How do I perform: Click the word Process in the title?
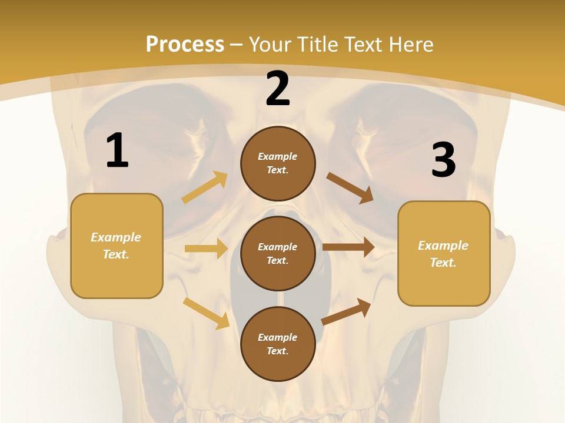click(185, 45)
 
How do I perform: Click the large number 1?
click(117, 151)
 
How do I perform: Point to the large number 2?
click(278, 89)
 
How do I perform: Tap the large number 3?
click(443, 160)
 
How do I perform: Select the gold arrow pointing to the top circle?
click(205, 187)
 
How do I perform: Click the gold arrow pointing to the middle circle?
click(206, 249)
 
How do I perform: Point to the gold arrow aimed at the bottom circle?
click(207, 313)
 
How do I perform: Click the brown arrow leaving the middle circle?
click(348, 247)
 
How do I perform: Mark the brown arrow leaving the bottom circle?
click(346, 311)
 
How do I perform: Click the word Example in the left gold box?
click(116, 237)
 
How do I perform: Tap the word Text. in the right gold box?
click(443, 263)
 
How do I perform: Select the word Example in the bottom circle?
click(278, 337)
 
